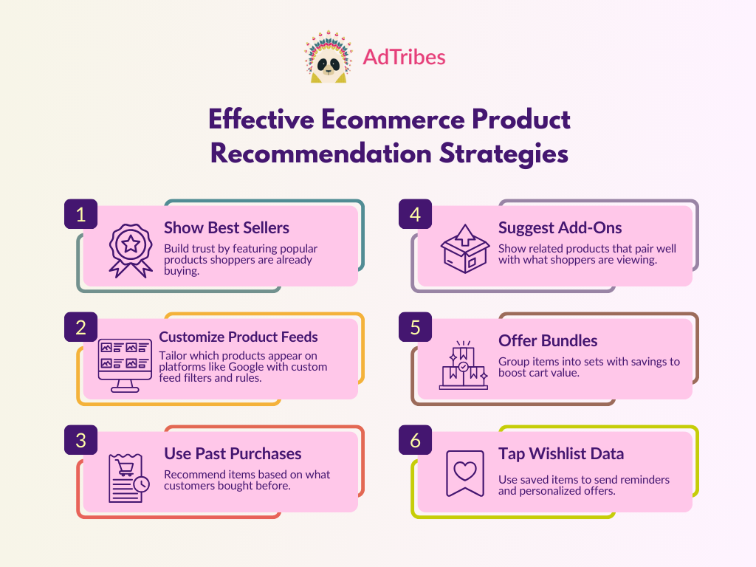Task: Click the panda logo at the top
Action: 329,57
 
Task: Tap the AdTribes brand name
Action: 404,57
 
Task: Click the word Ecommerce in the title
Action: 393,119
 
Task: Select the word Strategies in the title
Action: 504,154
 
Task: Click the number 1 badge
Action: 81,214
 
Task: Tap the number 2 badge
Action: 81,327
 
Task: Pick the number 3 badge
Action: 81,440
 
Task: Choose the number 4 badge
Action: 415,214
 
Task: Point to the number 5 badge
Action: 415,327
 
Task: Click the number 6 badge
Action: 415,440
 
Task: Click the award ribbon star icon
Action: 131,250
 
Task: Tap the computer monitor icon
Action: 125,365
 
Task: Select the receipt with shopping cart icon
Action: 128,478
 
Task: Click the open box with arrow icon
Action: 465,248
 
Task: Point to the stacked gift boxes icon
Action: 464,365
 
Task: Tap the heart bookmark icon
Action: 465,473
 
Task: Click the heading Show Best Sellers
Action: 227,227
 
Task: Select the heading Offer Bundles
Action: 548,341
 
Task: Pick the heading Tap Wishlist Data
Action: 561,454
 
